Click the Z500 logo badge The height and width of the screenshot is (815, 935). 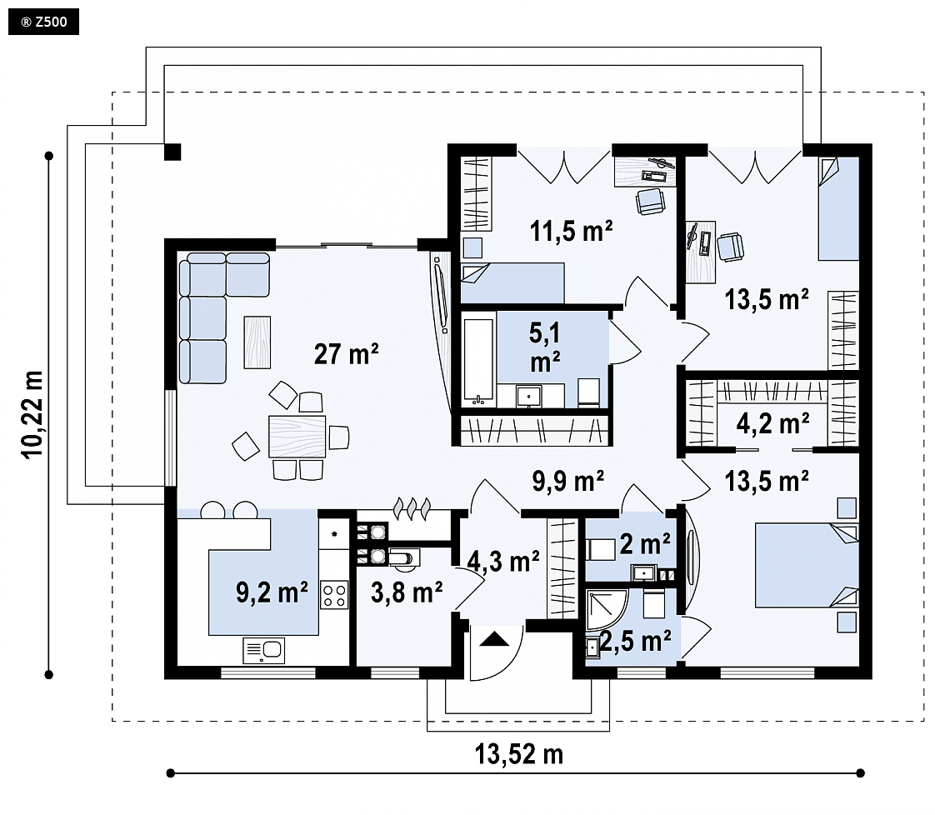pyautogui.click(x=43, y=22)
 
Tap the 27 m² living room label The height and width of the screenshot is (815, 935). pyautogui.click(x=346, y=354)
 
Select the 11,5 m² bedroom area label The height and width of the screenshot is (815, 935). pyautogui.click(x=572, y=231)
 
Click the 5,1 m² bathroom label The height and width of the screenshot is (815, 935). pyautogui.click(x=545, y=347)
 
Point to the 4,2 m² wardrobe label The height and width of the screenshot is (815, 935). pyautogui.click(x=772, y=423)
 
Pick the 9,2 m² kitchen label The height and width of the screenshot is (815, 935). pyautogui.click(x=272, y=592)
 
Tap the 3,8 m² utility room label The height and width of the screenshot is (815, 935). pyautogui.click(x=407, y=592)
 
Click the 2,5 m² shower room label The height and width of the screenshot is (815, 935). pyautogui.click(x=636, y=641)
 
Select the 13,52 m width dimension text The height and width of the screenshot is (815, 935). pyautogui.click(x=519, y=754)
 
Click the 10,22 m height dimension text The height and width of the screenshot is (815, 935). pyautogui.click(x=33, y=414)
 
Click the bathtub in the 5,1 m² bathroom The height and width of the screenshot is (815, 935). pyautogui.click(x=479, y=362)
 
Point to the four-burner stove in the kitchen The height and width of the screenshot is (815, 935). pyautogui.click(x=334, y=594)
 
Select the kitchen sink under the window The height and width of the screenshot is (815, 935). pyautogui.click(x=263, y=651)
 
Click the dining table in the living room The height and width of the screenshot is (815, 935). pyautogui.click(x=297, y=437)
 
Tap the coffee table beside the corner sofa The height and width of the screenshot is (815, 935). pyautogui.click(x=257, y=342)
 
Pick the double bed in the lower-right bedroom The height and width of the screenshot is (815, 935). pyautogui.click(x=807, y=565)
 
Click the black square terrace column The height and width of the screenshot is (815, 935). pyautogui.click(x=172, y=152)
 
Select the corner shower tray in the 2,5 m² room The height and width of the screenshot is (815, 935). pyautogui.click(x=605, y=610)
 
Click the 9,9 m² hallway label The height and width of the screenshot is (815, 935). pyautogui.click(x=567, y=481)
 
